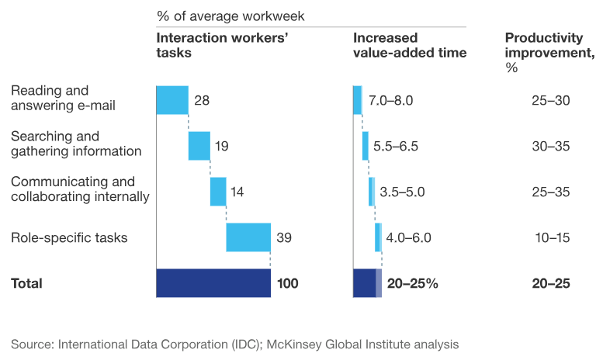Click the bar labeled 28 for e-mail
tap(172, 100)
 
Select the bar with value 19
tap(199, 146)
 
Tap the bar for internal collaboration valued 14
tap(218, 192)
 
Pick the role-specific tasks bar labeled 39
tap(248, 237)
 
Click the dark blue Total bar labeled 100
tap(213, 283)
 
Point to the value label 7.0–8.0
tap(390, 100)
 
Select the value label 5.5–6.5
tap(396, 146)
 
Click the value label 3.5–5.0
tap(402, 192)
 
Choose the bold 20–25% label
tap(413, 283)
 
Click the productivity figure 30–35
tap(551, 146)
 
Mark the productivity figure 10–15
tap(551, 237)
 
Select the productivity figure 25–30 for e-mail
tap(551, 100)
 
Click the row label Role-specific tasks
tap(69, 237)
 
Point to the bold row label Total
tap(27, 283)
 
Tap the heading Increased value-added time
tap(410, 45)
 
